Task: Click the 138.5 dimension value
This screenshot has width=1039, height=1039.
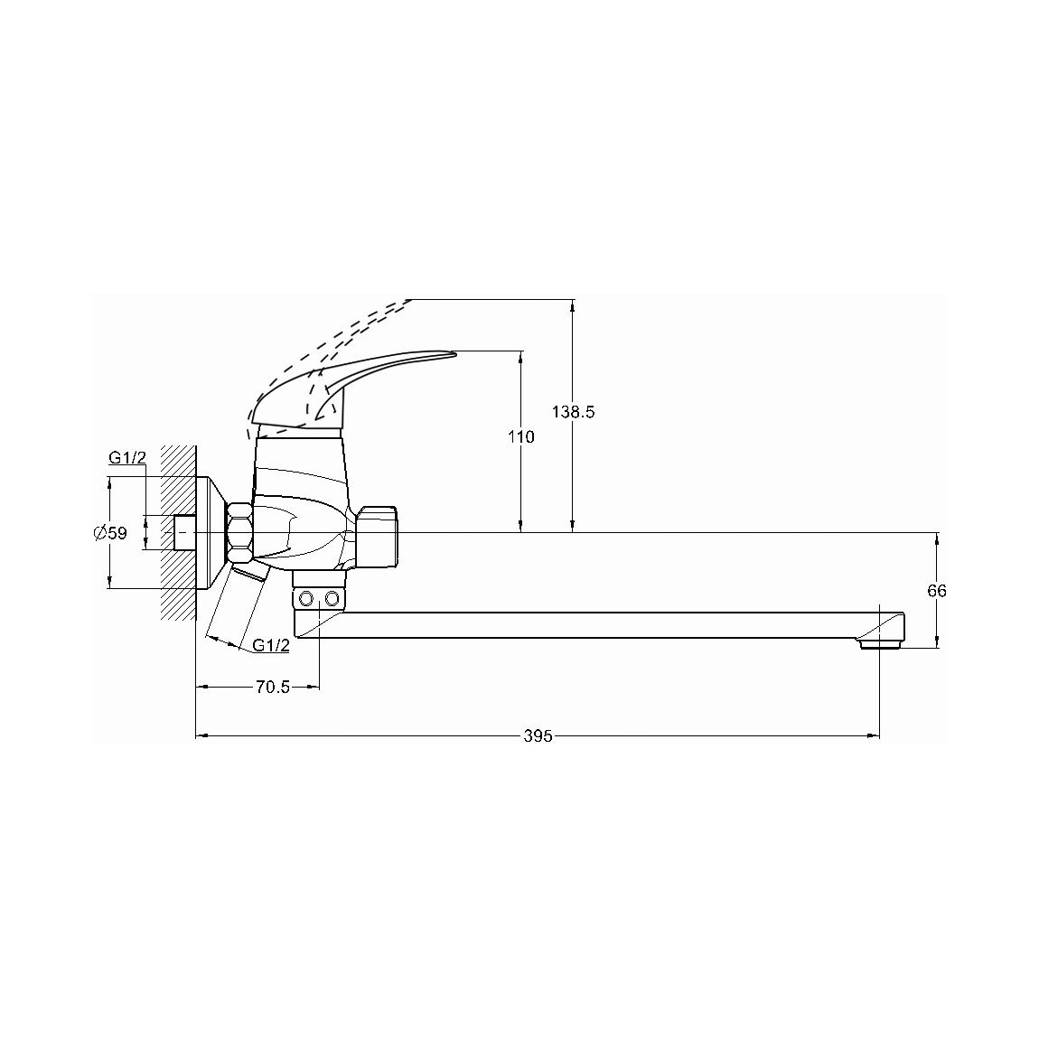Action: tap(573, 412)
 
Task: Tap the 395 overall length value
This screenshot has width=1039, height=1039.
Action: tap(538, 736)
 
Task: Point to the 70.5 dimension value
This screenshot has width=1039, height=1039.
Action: tap(273, 688)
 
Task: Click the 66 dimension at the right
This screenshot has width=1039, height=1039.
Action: tap(937, 591)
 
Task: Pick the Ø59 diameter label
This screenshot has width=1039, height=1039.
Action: tap(110, 533)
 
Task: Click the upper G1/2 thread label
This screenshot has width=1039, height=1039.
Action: tap(126, 457)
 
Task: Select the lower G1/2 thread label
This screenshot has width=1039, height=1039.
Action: tap(271, 645)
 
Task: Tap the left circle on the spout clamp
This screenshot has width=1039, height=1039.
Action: tap(307, 600)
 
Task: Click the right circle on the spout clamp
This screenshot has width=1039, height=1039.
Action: tap(332, 600)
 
